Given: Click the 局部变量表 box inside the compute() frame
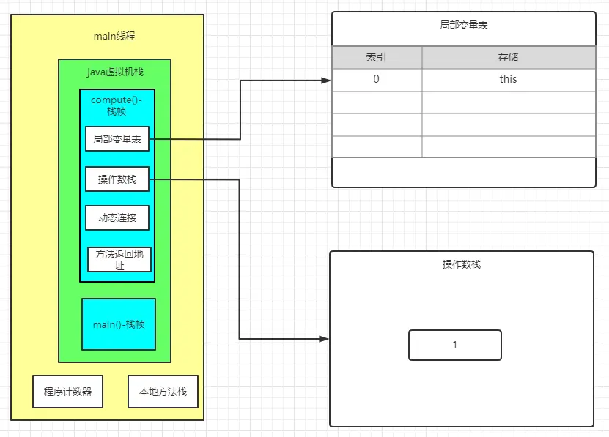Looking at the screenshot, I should (117, 138).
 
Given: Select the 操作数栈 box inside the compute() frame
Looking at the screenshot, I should (117, 179).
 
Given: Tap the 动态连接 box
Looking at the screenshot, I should (117, 217).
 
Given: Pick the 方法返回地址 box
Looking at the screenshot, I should (119, 259).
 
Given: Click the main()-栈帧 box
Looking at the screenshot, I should (119, 324).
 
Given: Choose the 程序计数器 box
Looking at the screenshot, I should (67, 392).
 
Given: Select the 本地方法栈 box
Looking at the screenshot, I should (163, 392).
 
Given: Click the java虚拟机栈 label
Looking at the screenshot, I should (115, 72).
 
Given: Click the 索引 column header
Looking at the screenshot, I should (377, 57).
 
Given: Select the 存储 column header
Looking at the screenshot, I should (509, 57).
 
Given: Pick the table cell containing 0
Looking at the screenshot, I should (377, 79).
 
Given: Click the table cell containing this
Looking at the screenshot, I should (509, 79).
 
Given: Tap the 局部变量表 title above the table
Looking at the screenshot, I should (464, 25).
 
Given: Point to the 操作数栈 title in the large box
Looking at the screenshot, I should (462, 264).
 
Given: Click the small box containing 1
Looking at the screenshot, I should (454, 345).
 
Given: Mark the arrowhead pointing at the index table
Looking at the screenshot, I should (326, 81).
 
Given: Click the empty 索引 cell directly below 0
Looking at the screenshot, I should (377, 102).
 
